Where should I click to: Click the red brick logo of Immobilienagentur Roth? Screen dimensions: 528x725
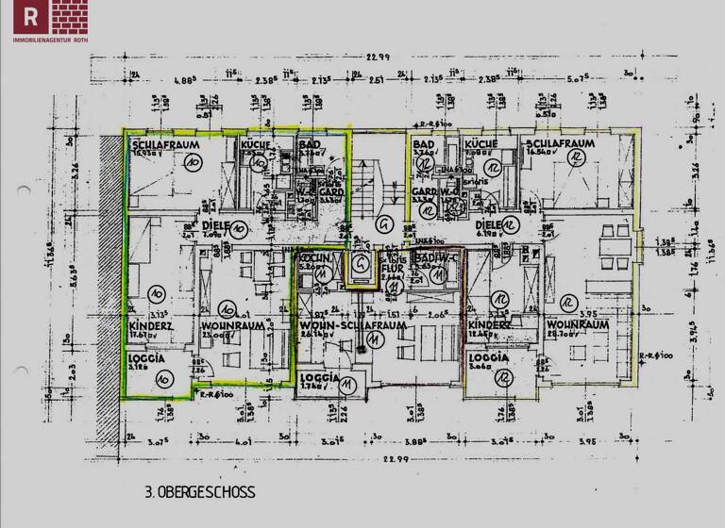pyautogui.click(x=52, y=17)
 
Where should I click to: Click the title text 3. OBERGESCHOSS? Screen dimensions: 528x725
pyautogui.click(x=200, y=492)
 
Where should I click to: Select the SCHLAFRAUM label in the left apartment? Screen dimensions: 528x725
pyautogui.click(x=157, y=143)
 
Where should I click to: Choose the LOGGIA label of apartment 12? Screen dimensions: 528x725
pyautogui.click(x=488, y=358)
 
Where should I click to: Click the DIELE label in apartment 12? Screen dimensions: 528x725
pyautogui.click(x=488, y=226)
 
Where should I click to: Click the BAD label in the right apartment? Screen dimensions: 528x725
pyautogui.click(x=423, y=143)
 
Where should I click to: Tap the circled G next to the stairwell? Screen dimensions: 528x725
pyautogui.click(x=383, y=224)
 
